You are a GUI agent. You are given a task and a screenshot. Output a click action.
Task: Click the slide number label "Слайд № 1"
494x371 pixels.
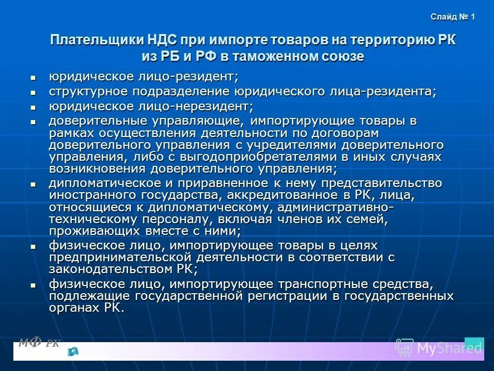tap(453, 17)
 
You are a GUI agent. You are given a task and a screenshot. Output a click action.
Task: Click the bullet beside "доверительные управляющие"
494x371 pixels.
tap(33, 123)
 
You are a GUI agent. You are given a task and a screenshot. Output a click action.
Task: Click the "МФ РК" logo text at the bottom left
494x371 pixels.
tap(39, 342)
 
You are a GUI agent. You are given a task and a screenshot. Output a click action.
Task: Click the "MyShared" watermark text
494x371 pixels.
tap(449, 348)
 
